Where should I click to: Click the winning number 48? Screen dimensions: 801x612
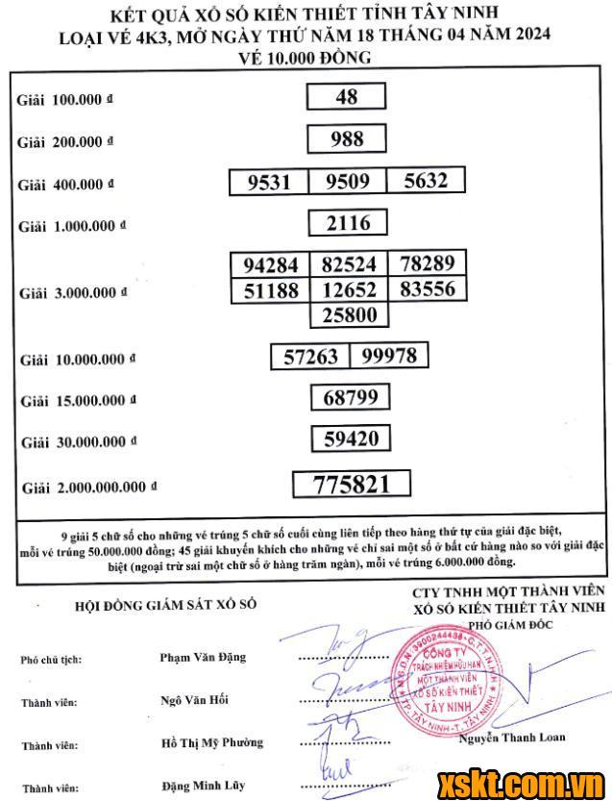[347, 96]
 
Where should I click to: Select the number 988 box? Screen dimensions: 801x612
[347, 139]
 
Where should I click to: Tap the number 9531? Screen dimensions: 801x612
[268, 183]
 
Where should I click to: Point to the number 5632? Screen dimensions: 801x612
[426, 181]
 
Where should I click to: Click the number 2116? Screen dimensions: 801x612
[348, 224]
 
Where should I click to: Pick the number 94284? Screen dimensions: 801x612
[271, 265]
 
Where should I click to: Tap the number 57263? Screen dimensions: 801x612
[311, 357]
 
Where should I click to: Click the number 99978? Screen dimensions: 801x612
[389, 356]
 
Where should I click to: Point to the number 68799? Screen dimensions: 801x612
[350, 397]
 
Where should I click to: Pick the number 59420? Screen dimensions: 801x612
[350, 440]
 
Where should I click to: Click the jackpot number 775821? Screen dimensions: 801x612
[352, 484]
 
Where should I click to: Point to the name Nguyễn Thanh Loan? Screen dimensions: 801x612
[512, 738]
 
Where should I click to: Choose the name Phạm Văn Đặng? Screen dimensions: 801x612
[203, 658]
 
